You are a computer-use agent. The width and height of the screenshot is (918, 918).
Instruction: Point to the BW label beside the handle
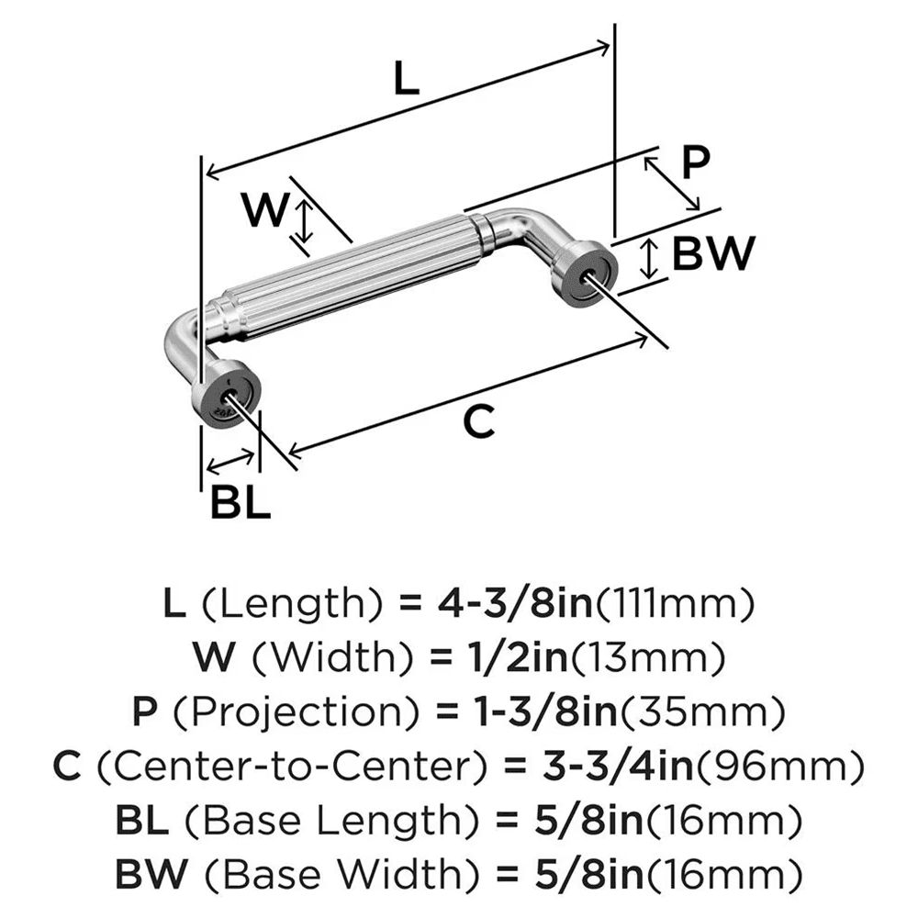[713, 254]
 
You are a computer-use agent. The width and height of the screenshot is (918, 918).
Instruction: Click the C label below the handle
[478, 422]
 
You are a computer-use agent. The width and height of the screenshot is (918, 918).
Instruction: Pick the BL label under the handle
[241, 502]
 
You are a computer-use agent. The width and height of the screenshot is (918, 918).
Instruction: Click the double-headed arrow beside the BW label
[649, 258]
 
